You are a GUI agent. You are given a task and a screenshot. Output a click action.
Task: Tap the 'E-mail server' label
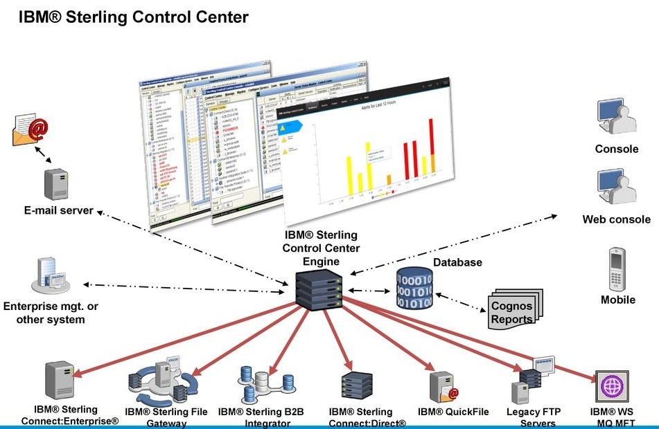click(49, 210)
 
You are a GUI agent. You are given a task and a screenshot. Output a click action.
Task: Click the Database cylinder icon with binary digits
click(414, 289)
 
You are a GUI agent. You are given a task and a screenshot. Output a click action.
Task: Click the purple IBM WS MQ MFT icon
click(610, 385)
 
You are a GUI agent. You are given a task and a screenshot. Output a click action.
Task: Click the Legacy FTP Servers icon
click(533, 381)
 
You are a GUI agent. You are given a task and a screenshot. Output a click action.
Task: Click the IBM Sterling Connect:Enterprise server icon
click(60, 380)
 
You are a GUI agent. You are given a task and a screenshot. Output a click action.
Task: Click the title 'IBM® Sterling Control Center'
click(133, 17)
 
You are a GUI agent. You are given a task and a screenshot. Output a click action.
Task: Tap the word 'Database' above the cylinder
click(457, 262)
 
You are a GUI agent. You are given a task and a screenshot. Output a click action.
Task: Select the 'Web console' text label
click(616, 219)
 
